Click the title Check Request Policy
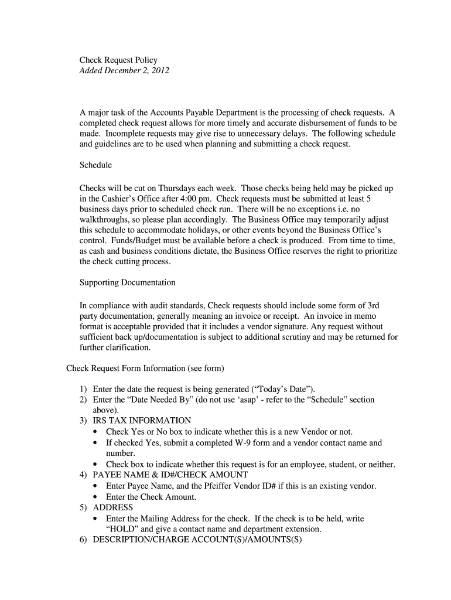pyautogui.click(x=118, y=60)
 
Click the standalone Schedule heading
pyautogui.click(x=95, y=165)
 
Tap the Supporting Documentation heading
pyautogui.click(x=127, y=282)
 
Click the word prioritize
pyautogui.click(x=378, y=251)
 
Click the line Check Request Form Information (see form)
pyautogui.click(x=145, y=369)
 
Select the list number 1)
pyautogui.click(x=84, y=389)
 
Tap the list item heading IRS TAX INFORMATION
pyautogui.click(x=142, y=421)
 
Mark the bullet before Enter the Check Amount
pyautogui.click(x=96, y=497)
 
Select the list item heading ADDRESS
pyautogui.click(x=113, y=507)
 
